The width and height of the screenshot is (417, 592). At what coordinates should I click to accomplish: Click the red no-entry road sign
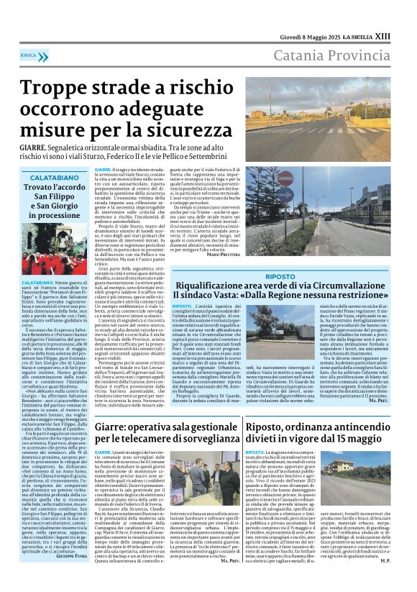coord(286,176)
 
